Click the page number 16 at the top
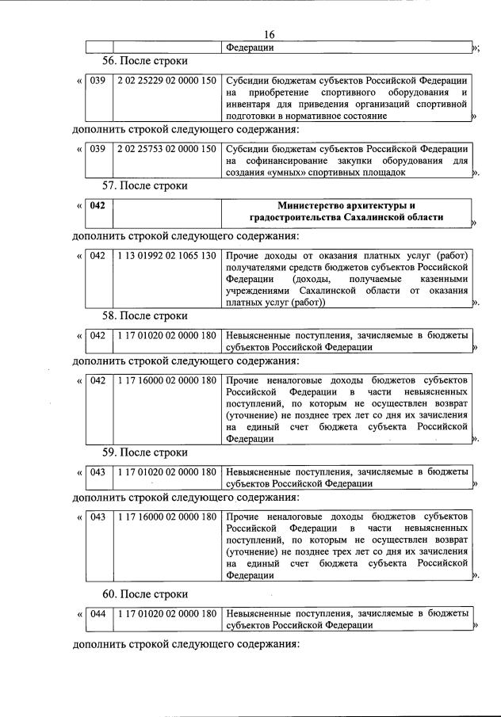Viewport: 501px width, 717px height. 270,34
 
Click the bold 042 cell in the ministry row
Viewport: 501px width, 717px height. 98,206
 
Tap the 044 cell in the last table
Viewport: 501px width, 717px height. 98,613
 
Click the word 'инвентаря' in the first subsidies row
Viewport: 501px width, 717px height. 250,105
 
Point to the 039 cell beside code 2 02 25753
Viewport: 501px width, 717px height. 98,149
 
